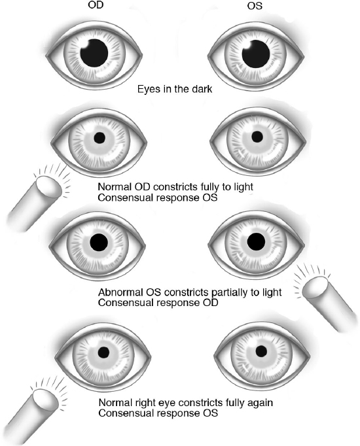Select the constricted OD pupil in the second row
pyautogui.click(x=100, y=138)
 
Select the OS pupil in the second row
pyautogui.click(x=257, y=137)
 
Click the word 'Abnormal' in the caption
pyautogui.click(x=121, y=292)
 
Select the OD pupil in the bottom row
pyautogui.click(x=102, y=352)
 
